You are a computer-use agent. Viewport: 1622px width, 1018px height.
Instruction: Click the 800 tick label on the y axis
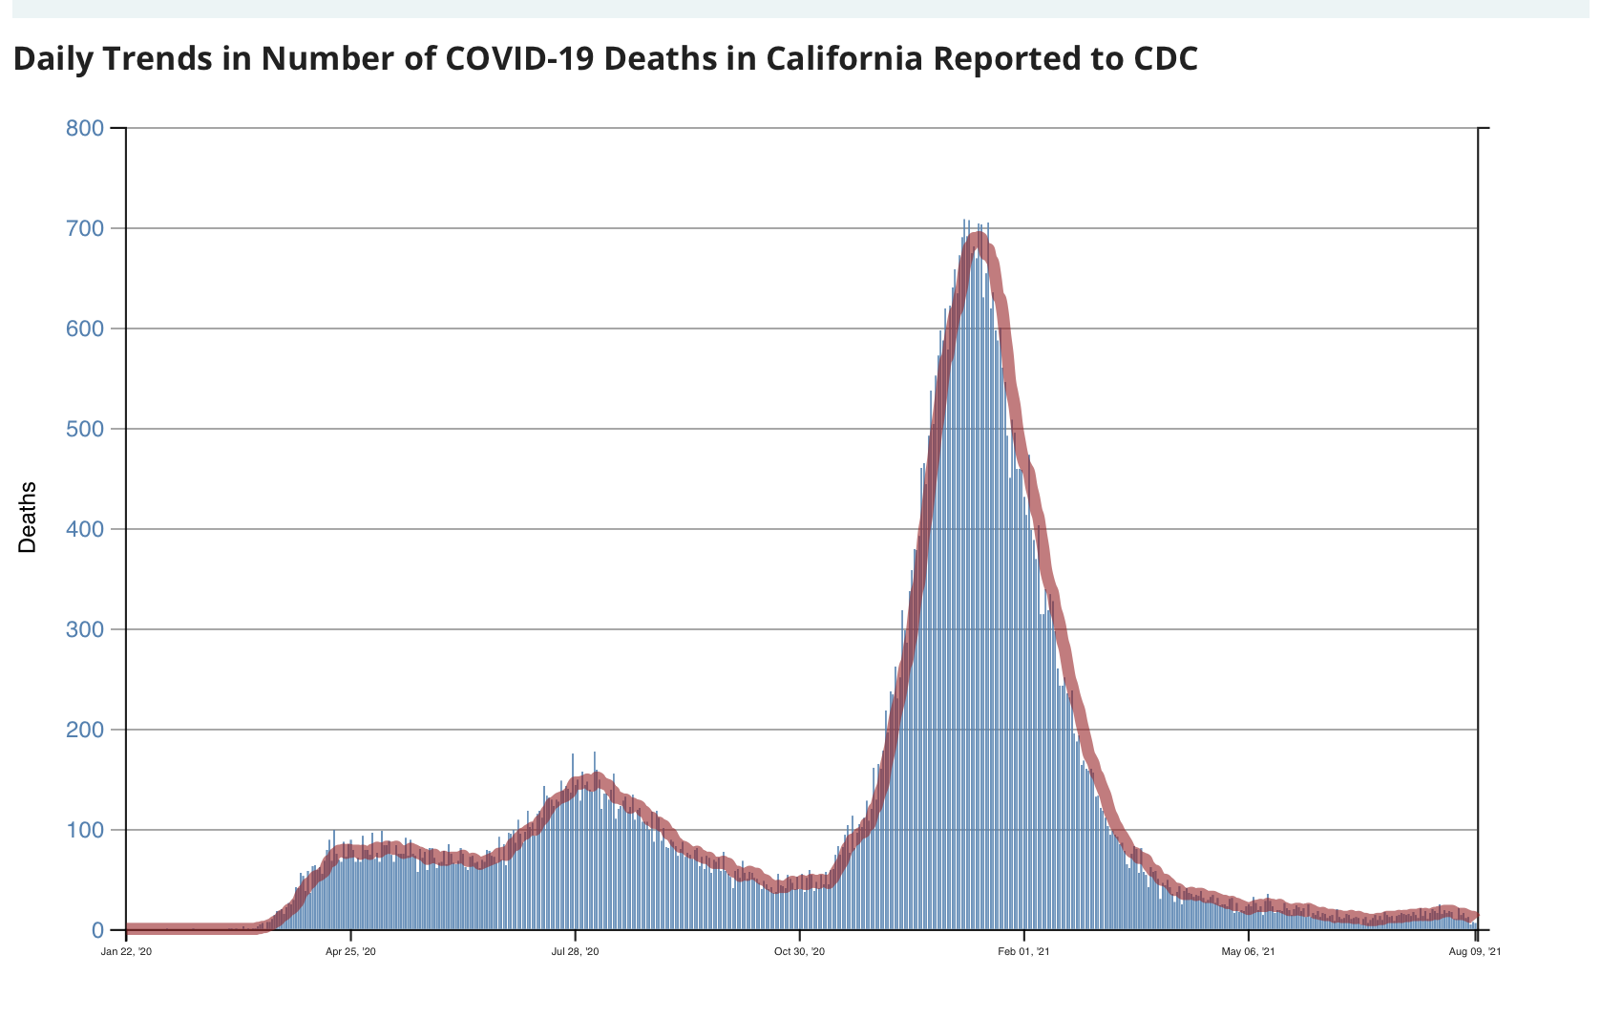pos(84,128)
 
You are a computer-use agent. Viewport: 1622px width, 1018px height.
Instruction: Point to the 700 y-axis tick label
pos(84,228)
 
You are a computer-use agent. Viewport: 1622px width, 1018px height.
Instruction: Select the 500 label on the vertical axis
pos(84,429)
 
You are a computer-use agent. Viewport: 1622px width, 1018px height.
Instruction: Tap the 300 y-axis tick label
pos(84,629)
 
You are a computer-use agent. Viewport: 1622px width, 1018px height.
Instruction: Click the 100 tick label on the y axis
pos(84,830)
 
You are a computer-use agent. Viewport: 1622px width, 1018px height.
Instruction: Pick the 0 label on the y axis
pos(96,930)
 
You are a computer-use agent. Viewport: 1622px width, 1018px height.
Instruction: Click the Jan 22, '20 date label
pos(126,951)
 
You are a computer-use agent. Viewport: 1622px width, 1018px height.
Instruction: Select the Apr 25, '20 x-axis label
pos(350,951)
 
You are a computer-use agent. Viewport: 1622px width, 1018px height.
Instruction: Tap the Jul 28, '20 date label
pos(575,951)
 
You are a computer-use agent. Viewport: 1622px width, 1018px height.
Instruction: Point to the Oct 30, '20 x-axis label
pos(799,951)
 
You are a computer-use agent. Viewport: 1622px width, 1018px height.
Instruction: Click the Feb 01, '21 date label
pos(1023,951)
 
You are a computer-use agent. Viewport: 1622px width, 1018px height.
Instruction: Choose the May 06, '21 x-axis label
pos(1248,951)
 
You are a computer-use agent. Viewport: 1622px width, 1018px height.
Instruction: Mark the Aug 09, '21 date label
pos(1474,951)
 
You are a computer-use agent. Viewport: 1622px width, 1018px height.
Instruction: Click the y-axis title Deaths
pos(28,517)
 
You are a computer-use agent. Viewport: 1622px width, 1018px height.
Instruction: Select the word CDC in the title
pos(1165,59)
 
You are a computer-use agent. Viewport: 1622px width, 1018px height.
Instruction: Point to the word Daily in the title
pos(53,59)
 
